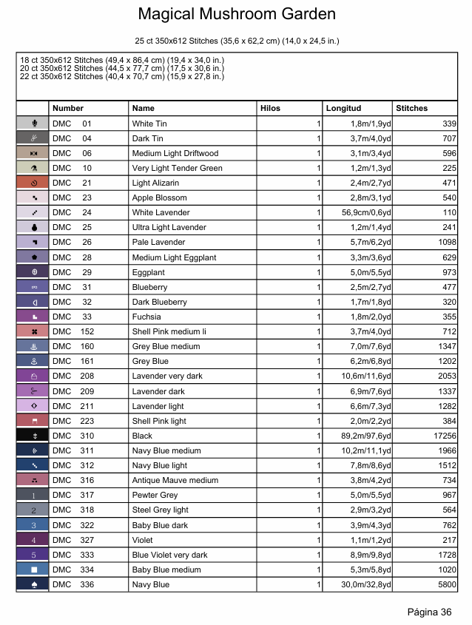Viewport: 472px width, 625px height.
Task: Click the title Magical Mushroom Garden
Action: coord(236,14)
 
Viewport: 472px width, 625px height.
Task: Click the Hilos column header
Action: coord(271,109)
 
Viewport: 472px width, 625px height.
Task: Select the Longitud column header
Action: coord(343,109)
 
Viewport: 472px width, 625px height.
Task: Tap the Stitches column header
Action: coord(412,109)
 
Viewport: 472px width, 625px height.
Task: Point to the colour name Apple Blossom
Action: coord(159,197)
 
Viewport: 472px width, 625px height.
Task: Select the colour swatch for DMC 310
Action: coord(33,436)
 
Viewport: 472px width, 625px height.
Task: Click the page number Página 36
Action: coord(429,612)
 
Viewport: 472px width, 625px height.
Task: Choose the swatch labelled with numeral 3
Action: coord(33,525)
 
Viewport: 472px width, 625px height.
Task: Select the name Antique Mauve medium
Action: coord(175,480)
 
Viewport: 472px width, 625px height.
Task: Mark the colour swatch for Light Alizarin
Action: coord(33,183)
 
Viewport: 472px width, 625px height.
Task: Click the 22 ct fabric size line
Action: coord(122,76)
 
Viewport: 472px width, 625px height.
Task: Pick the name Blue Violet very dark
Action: coord(169,555)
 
